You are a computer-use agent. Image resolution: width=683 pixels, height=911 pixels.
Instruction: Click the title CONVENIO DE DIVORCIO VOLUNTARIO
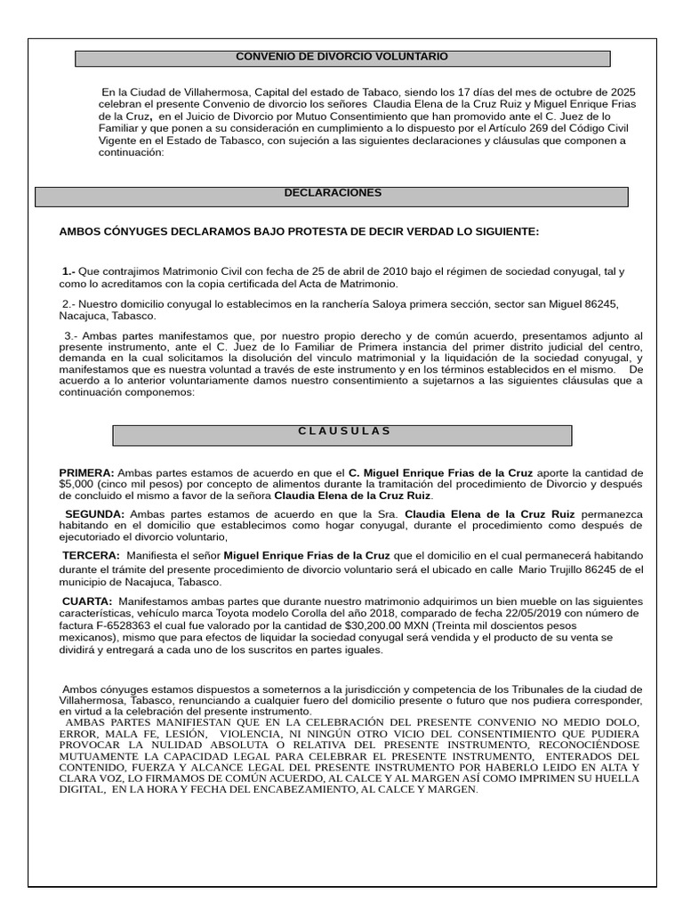coord(341,57)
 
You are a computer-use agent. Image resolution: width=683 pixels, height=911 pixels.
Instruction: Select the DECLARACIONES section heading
coord(333,193)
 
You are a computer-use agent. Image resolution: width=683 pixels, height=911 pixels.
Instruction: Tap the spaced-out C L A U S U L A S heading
coord(343,431)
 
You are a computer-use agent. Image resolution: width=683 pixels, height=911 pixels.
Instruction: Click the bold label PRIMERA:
coord(86,472)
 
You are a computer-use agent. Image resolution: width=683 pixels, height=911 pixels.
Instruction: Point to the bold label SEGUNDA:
coord(95,515)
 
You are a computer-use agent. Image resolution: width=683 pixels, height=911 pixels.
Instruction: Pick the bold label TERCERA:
coord(91,555)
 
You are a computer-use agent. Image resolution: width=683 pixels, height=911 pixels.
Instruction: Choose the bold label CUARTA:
coord(87,602)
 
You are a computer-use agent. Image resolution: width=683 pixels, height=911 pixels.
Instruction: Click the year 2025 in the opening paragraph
coord(622,93)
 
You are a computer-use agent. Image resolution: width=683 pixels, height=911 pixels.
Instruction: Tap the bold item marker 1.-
coord(68,271)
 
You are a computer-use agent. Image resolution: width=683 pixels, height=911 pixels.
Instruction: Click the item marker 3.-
coord(71,335)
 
